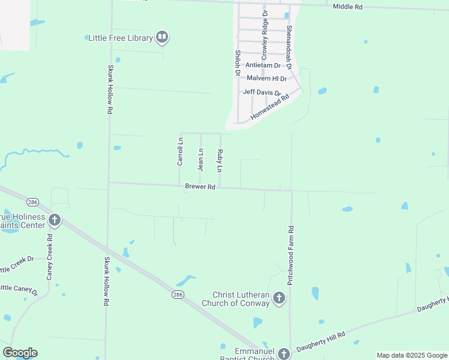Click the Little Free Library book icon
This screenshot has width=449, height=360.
click(x=161, y=38)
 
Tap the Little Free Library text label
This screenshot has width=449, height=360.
click(x=121, y=38)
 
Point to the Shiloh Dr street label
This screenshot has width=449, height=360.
click(x=237, y=62)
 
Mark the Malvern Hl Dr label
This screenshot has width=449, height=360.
click(x=267, y=79)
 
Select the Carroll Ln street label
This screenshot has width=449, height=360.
click(x=179, y=151)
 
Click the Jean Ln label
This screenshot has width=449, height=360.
click(x=200, y=160)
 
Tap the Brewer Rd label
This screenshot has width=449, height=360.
click(x=200, y=187)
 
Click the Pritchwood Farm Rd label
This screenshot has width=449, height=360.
click(x=291, y=255)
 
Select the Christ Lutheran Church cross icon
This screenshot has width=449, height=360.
click(x=279, y=297)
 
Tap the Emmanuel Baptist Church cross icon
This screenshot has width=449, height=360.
click(x=283, y=355)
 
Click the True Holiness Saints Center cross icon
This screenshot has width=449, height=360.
click(x=55, y=220)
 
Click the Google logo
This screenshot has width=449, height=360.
click(x=20, y=353)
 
